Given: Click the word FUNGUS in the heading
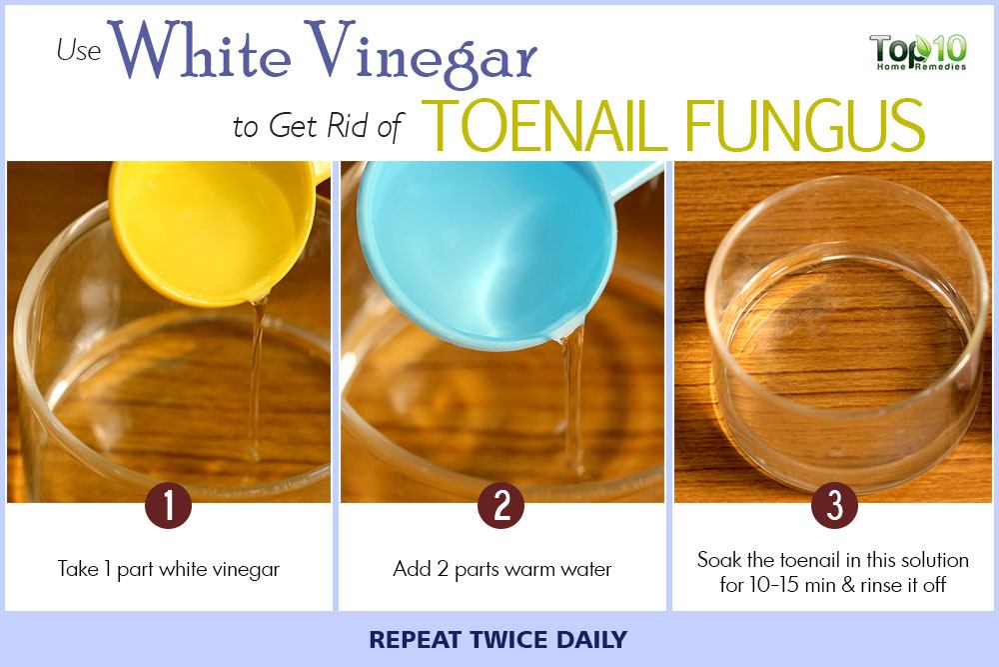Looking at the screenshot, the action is click(805, 125).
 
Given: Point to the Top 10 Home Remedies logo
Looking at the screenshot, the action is click(917, 51).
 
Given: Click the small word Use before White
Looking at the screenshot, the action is click(79, 50).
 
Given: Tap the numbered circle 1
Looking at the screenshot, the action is click(168, 505).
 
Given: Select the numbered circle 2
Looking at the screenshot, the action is click(501, 505).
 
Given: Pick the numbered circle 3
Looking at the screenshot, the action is click(834, 505).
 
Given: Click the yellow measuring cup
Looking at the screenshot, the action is click(210, 230).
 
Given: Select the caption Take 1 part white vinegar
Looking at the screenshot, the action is click(169, 569).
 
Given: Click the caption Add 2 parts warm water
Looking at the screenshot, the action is click(502, 569).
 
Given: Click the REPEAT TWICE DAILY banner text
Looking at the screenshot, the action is click(499, 640).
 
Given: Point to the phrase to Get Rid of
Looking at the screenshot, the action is click(318, 126).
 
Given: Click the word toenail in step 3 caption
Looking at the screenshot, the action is click(810, 560).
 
